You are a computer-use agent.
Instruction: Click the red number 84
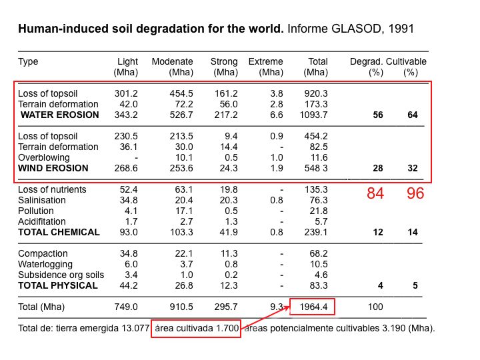(375, 194)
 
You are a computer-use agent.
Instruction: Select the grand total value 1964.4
(312, 307)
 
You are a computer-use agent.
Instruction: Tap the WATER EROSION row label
(59, 115)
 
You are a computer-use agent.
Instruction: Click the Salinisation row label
(42, 200)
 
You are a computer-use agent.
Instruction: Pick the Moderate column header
(173, 61)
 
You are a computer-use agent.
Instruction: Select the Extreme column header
(265, 61)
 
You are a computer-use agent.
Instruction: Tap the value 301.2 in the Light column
(126, 93)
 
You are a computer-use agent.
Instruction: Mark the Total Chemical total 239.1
(316, 232)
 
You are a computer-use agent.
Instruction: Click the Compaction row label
(43, 253)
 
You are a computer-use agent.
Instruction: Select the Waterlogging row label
(46, 264)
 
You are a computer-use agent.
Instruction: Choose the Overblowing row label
(44, 157)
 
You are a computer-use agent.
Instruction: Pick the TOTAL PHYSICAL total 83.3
(318, 285)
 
